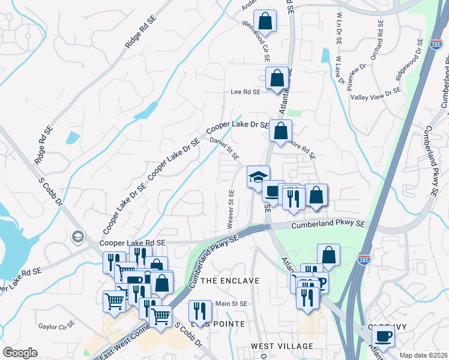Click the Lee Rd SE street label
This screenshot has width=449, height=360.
[x=246, y=92]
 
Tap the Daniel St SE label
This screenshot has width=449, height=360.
[x=224, y=148]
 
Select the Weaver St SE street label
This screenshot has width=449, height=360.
[x=231, y=209]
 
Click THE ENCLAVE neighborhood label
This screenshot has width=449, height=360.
[x=229, y=281]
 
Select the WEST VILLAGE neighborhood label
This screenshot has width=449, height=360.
[x=282, y=346]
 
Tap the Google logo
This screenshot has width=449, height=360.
[x=20, y=353]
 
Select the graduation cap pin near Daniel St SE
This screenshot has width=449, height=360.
[x=259, y=177]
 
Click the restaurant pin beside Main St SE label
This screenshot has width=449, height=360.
[x=200, y=311]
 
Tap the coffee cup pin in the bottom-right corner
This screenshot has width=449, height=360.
[x=383, y=336]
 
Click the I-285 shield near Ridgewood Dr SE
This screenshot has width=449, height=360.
[x=436, y=44]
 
